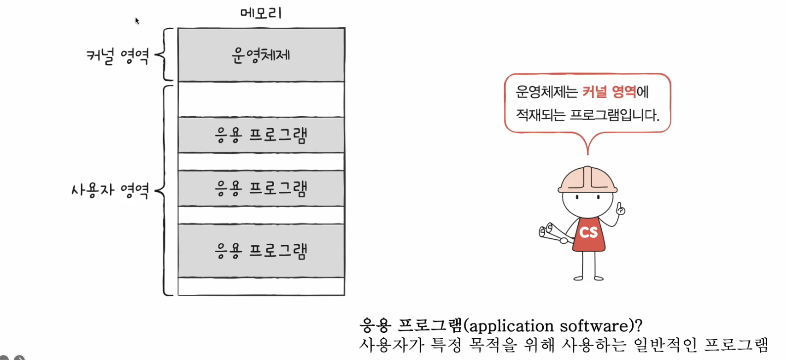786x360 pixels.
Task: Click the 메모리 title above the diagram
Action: pos(261,13)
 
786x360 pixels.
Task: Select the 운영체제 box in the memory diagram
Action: pos(261,55)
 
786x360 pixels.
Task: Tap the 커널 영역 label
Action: pos(118,55)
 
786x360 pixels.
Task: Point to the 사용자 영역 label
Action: pos(110,190)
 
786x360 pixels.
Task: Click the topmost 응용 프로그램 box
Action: pos(261,135)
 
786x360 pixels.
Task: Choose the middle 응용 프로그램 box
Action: pos(261,188)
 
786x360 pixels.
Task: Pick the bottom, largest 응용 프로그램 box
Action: pos(261,251)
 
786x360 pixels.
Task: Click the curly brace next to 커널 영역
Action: pos(165,54)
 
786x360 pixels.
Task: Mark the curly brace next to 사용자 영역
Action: pos(165,190)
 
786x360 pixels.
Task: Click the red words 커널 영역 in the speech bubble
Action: pos(609,91)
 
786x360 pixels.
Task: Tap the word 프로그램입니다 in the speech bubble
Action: pos(614,115)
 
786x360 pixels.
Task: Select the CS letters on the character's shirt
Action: pos(588,232)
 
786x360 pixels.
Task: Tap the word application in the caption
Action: pos(511,326)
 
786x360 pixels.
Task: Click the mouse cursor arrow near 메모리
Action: pos(137,21)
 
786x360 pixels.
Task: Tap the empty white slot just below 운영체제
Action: pos(261,99)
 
